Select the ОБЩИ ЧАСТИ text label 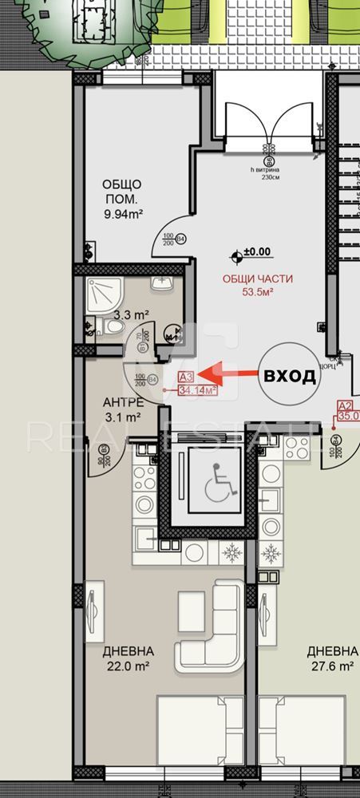[x=257, y=279]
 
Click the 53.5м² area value [x=258, y=293]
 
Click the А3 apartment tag [x=187, y=377]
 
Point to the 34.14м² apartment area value [x=198, y=390]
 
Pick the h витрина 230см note [x=266, y=173]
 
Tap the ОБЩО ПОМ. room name [x=122, y=192]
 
